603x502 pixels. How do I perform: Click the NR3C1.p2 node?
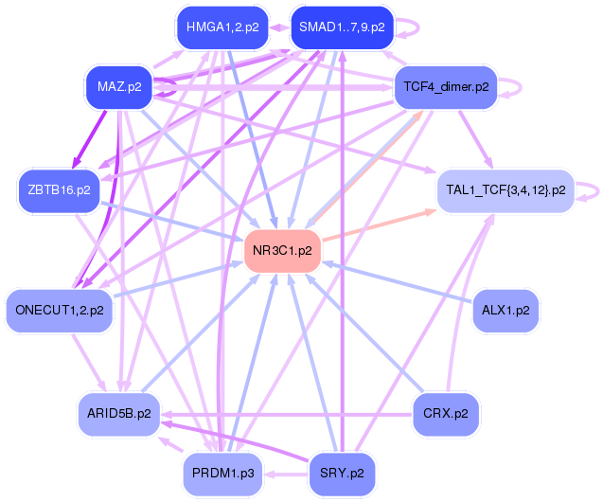(x=282, y=251)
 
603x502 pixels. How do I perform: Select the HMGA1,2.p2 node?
(x=222, y=27)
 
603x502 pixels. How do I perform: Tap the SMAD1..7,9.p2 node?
(x=343, y=27)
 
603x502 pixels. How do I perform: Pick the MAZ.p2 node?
(x=119, y=87)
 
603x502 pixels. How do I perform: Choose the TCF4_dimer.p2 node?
(x=446, y=87)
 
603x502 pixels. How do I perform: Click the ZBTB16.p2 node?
(x=60, y=190)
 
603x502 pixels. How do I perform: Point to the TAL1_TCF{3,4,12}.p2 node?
(x=505, y=190)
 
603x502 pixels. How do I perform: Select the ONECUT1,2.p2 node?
(x=60, y=311)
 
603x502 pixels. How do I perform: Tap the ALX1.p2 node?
(x=505, y=311)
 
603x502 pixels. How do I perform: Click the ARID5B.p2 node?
(x=119, y=414)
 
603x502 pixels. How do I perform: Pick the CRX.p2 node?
(x=446, y=414)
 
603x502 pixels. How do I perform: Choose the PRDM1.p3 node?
(x=222, y=474)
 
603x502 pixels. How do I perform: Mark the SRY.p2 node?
(x=343, y=474)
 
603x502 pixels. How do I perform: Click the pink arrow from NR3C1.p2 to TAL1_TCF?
(x=379, y=225)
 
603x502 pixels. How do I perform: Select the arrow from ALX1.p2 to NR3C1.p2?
(x=397, y=281)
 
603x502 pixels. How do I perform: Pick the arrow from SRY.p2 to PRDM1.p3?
(x=286, y=474)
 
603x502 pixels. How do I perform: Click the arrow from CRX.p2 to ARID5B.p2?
(x=287, y=415)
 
